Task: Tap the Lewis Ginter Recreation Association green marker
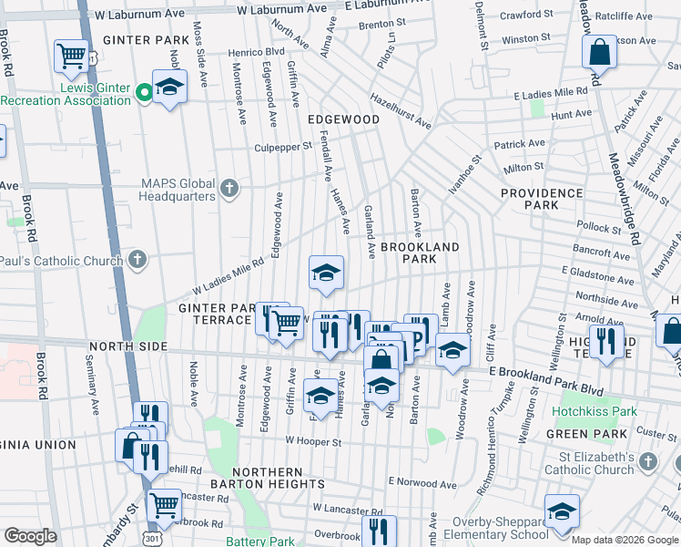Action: [143, 91]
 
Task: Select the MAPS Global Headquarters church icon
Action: [229, 189]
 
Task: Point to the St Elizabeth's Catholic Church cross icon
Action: [647, 462]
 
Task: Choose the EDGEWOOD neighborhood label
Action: [343, 119]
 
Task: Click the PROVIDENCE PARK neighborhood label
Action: [541, 200]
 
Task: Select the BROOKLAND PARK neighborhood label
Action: [420, 253]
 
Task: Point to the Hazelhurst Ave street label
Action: [405, 108]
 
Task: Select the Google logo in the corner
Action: [31, 536]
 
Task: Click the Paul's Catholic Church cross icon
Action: [137, 260]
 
